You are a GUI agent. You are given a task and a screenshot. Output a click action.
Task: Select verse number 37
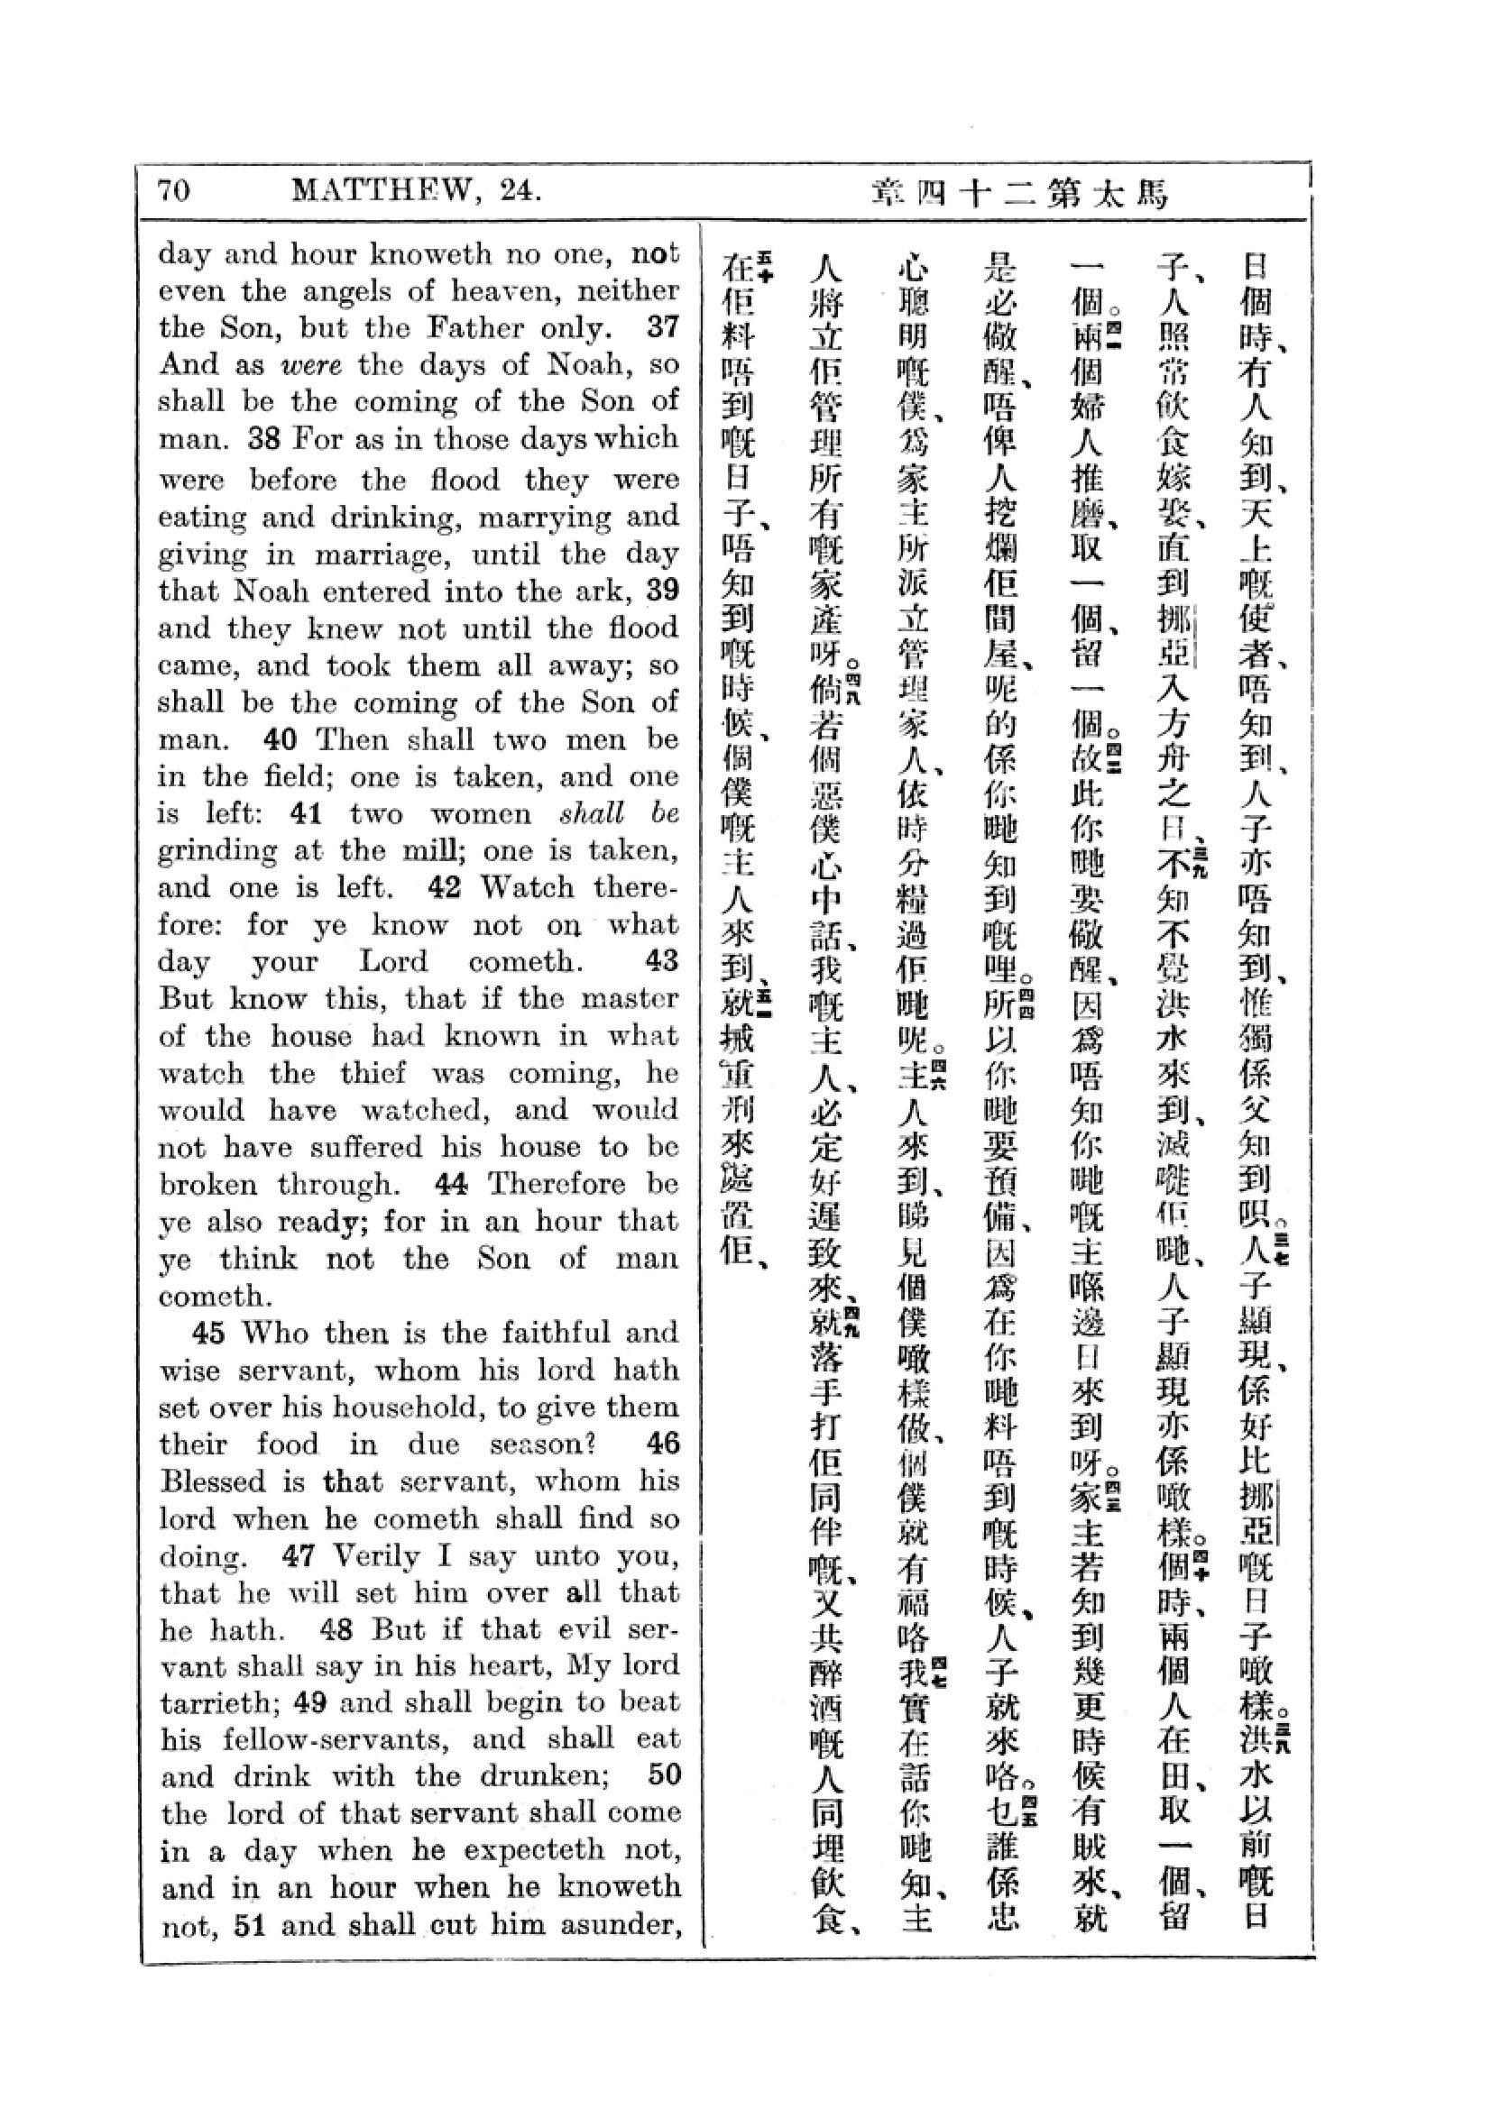662,327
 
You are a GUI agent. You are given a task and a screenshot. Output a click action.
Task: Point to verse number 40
281,739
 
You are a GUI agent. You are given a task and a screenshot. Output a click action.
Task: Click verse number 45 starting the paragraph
209,1333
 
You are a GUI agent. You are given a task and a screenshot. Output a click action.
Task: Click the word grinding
216,851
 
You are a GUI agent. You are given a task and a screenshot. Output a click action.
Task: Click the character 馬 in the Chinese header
1151,194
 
